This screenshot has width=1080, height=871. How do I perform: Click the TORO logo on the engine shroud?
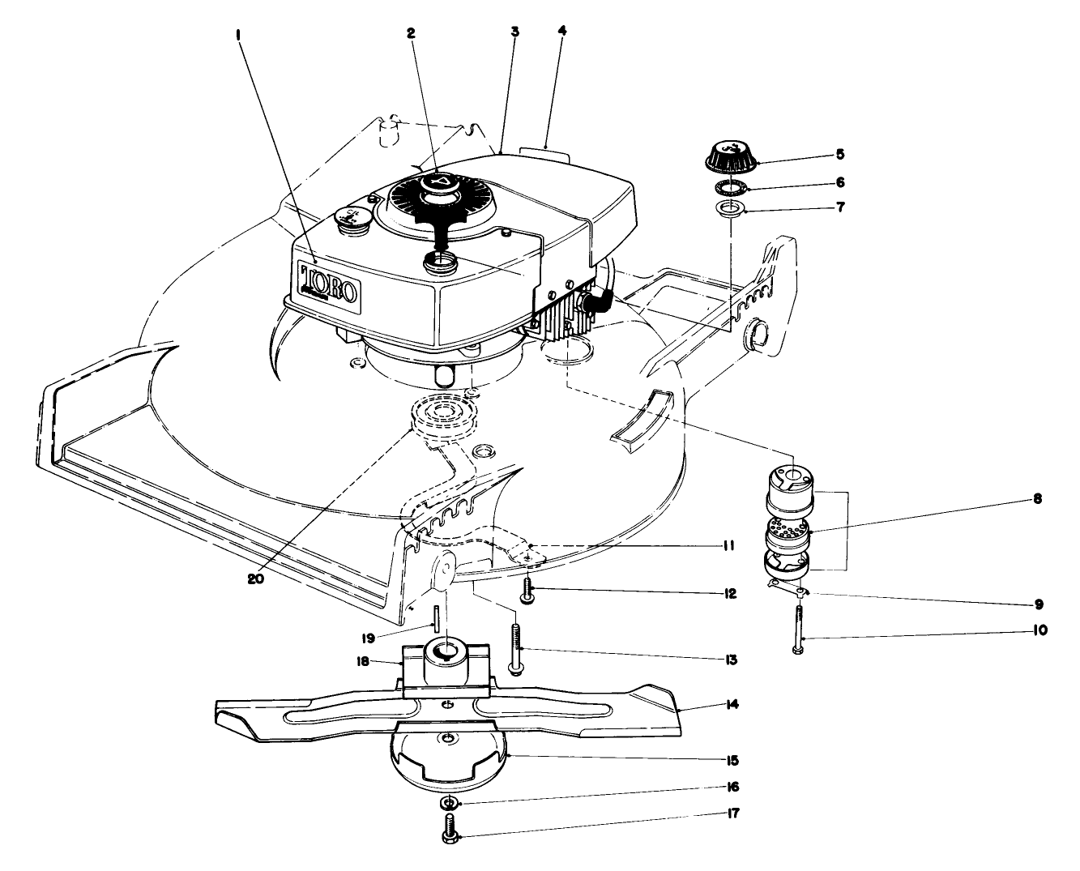(x=329, y=280)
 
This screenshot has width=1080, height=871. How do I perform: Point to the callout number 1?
(x=238, y=36)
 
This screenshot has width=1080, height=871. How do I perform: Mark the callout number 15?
(x=732, y=761)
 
